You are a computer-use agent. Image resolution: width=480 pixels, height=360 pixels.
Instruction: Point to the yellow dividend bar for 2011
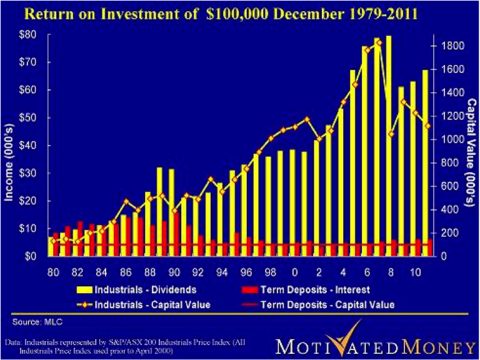(425, 162)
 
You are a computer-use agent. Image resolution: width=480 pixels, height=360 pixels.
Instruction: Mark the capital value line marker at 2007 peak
(379, 42)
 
